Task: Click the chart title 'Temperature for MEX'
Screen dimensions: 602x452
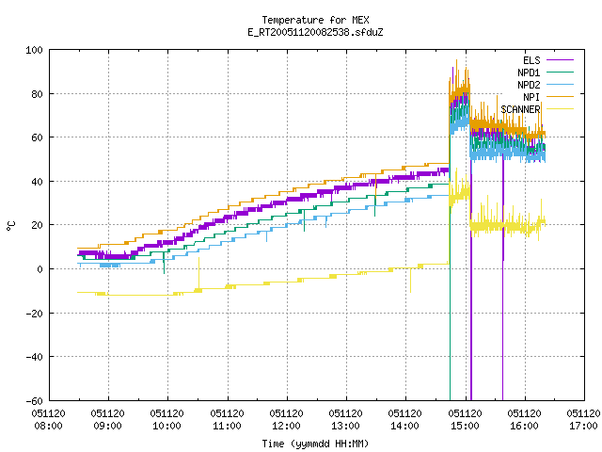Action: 315,20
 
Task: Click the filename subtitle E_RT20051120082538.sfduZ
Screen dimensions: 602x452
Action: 315,32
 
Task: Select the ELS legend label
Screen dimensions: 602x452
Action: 531,60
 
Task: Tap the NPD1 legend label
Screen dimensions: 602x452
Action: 529,73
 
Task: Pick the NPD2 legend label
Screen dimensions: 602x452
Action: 529,85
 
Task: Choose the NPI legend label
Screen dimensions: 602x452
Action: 531,97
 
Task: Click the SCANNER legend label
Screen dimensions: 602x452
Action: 520,109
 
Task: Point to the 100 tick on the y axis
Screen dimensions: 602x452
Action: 34,50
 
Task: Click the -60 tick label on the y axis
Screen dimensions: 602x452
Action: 34,401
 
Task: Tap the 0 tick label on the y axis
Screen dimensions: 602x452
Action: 40,269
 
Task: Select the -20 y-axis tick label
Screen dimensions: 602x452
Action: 34,314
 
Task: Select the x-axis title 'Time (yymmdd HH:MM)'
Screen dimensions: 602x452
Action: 315,444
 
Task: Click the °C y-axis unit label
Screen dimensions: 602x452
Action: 11,226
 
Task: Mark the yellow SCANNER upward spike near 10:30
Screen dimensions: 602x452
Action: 198,273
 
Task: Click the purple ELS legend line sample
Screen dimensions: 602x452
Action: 561,60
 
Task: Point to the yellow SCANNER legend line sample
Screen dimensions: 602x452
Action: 561,109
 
